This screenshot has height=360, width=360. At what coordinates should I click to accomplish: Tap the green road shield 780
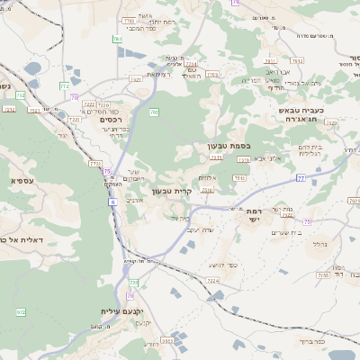tap(155, 112)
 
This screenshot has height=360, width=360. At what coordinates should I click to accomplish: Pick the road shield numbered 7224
tap(212, 281)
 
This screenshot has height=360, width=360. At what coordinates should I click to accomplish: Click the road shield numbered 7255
tap(323, 274)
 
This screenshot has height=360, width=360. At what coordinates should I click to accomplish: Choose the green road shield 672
tap(21, 311)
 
